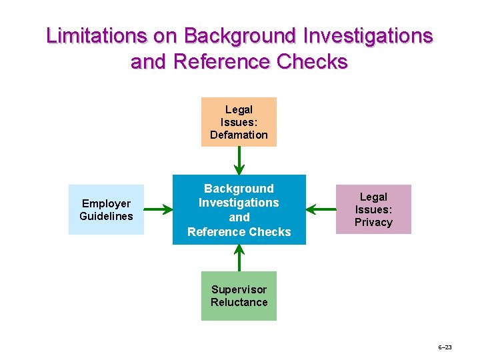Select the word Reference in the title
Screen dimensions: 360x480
coord(214,61)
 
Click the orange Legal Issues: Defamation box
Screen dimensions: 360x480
coord(239,122)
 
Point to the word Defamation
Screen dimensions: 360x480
coord(239,135)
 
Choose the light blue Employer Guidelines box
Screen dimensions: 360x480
coord(106,209)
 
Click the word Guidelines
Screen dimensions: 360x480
coord(106,216)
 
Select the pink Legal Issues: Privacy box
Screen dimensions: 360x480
coord(373,209)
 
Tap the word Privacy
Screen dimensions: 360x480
coord(373,222)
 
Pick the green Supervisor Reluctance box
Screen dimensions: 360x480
coord(239,296)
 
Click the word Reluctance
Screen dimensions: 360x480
coord(239,302)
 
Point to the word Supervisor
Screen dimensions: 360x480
coord(239,289)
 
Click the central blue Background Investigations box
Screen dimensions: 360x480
coord(239,209)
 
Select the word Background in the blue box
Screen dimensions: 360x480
coord(239,189)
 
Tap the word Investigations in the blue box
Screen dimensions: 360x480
coord(239,203)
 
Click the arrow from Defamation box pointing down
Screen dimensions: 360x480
coord(239,161)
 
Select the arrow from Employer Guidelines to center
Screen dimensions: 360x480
coord(158,210)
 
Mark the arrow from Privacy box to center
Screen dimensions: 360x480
coord(321,210)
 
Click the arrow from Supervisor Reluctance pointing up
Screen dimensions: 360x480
coord(239,258)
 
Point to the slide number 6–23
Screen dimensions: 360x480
coord(445,347)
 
